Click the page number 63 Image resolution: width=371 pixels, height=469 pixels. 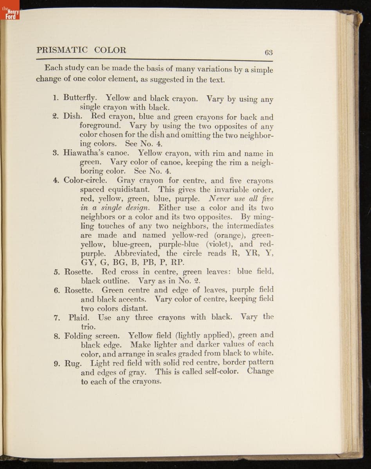pos(268,52)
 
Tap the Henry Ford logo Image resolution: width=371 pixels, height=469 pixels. pos(9,15)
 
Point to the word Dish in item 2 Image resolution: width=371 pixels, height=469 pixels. pos(72,116)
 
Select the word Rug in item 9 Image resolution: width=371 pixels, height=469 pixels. pos(72,363)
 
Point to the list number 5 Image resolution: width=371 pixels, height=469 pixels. pos(56,272)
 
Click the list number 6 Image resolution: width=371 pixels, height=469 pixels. pos(56,290)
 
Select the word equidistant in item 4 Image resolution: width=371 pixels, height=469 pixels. pos(115,190)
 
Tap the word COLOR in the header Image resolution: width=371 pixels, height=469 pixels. pos(110,50)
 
